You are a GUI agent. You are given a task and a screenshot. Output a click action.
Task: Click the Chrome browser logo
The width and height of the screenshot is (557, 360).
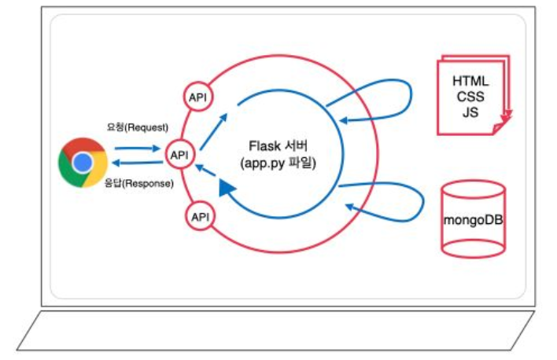click(x=83, y=163)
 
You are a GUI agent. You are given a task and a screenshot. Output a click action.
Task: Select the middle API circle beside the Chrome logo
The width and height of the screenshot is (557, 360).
click(x=180, y=155)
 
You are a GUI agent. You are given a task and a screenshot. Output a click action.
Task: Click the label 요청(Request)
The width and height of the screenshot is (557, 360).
click(x=138, y=127)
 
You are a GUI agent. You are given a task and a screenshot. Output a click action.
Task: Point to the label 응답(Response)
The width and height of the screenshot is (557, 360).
click(x=138, y=183)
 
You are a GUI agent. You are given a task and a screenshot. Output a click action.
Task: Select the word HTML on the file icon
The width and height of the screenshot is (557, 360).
click(x=470, y=82)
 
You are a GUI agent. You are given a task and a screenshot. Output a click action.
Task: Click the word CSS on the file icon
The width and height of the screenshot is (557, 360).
click(x=470, y=97)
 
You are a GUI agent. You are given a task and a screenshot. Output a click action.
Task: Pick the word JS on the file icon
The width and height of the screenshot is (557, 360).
click(x=470, y=113)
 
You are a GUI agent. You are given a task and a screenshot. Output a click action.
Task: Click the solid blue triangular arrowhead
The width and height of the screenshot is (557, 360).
click(x=227, y=189)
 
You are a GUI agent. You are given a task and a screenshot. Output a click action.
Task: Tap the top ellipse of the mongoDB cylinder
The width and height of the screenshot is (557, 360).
click(x=472, y=189)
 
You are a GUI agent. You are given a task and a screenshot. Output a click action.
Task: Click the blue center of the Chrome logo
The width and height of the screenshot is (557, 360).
click(x=83, y=163)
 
